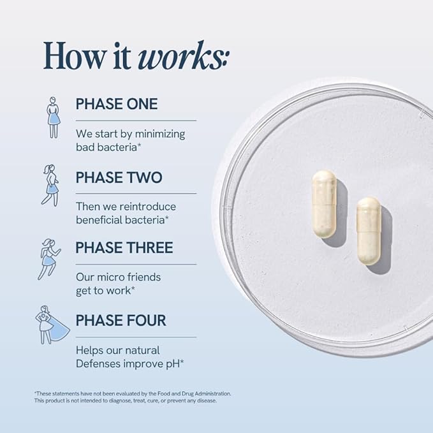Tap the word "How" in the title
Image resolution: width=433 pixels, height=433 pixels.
[x=74, y=55]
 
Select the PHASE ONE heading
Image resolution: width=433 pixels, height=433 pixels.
[x=117, y=104]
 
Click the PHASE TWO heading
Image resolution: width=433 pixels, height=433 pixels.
[x=119, y=177]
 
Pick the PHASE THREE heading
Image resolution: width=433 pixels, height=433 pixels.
[x=124, y=247]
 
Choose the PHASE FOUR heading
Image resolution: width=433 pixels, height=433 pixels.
[x=121, y=320]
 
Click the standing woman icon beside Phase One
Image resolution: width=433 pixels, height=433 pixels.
[x=54, y=117]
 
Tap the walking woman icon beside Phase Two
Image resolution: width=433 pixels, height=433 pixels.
[x=50, y=186]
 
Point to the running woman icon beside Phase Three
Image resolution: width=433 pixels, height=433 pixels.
[x=49, y=260]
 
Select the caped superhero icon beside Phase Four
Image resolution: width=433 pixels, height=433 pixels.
[x=52, y=325]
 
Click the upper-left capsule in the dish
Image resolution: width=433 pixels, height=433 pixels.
[x=324, y=204]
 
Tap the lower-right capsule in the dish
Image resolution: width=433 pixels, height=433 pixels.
[x=369, y=231]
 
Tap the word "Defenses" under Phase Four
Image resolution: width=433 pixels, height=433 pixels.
[x=98, y=363]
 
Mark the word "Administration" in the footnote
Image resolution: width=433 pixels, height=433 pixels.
[x=212, y=393]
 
